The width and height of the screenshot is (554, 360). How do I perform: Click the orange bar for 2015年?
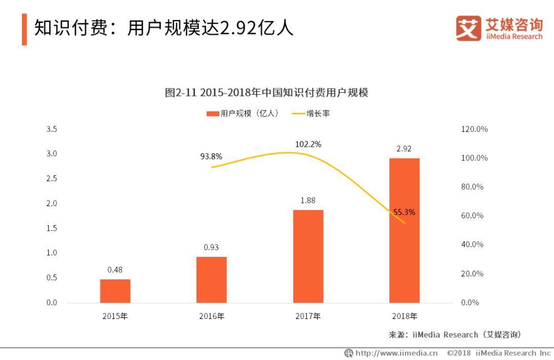[115, 291]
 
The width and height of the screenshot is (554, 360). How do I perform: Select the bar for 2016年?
[211, 279]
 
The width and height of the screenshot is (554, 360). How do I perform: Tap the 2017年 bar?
[308, 256]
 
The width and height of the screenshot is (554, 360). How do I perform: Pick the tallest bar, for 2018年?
[404, 230]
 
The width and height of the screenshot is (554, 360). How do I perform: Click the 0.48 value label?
[115, 270]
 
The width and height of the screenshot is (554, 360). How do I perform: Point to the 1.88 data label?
[308, 201]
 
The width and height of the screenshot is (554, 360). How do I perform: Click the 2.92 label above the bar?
[404, 149]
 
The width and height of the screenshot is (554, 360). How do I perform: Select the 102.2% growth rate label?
[308, 145]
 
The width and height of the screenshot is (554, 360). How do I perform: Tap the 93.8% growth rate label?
[211, 157]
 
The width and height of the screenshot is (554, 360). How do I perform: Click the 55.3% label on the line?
[404, 212]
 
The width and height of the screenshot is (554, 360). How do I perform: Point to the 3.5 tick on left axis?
[52, 129]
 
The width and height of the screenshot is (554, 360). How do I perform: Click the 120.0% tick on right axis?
[474, 129]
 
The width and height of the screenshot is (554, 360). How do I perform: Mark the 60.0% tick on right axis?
[472, 216]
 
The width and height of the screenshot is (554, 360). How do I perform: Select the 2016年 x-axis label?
[211, 316]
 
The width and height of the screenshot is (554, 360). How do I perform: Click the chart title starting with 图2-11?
[266, 93]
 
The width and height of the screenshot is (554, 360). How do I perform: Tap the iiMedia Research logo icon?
[468, 29]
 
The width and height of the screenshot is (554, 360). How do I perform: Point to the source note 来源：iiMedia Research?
[455, 335]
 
